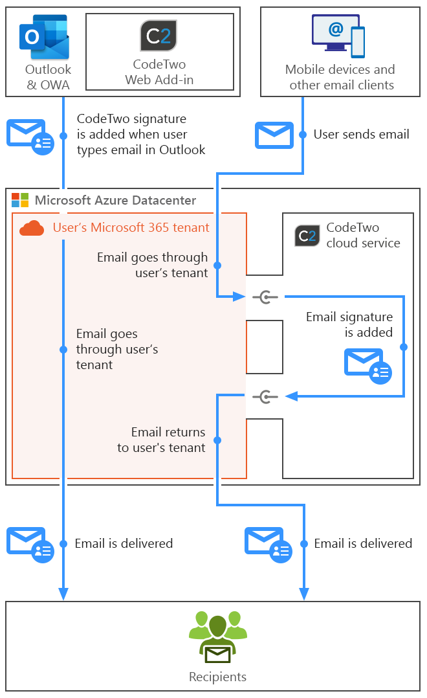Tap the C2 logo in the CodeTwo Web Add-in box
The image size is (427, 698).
(x=159, y=36)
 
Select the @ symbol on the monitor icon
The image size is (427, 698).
(x=334, y=29)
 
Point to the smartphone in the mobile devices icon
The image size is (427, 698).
(x=357, y=42)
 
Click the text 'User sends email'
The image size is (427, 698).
(x=361, y=135)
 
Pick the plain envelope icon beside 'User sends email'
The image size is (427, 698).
(x=274, y=135)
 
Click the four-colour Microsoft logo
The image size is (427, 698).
(x=20, y=200)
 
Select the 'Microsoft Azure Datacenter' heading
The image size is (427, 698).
(x=115, y=200)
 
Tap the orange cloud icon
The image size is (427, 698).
(x=32, y=228)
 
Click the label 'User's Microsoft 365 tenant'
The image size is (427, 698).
(x=131, y=227)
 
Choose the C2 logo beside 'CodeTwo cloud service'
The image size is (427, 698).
(x=307, y=236)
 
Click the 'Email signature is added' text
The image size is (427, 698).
(x=349, y=324)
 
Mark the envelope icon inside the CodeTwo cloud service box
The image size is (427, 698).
(x=367, y=365)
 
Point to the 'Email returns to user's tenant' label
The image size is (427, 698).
(x=161, y=440)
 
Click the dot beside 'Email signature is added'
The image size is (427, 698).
(x=404, y=347)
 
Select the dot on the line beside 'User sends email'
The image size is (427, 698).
(x=303, y=135)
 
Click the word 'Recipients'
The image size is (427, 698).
(x=217, y=677)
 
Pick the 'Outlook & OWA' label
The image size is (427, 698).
(x=48, y=77)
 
